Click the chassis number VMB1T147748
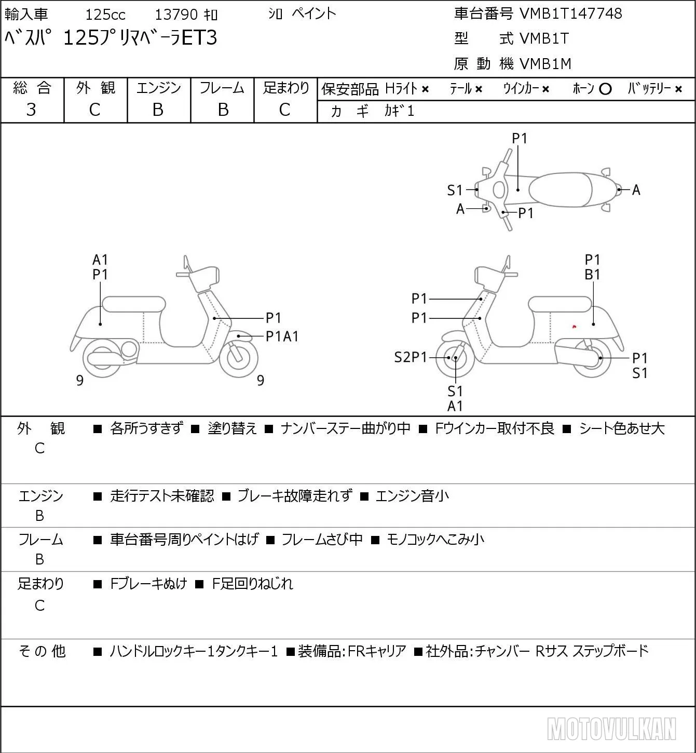[570, 14]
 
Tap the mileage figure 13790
[176, 15]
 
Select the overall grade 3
[31, 110]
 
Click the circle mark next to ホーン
[605, 89]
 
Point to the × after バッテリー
[678, 89]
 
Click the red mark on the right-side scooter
[575, 326]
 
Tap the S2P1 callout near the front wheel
[411, 357]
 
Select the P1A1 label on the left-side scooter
[282, 337]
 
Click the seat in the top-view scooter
[561, 190]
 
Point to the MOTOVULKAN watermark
[611, 729]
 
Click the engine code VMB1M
[545, 64]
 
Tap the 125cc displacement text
[105, 15]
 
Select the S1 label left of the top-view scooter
[455, 190]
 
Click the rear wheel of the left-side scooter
[102, 358]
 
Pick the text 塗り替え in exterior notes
[233, 428]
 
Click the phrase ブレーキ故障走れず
[295, 495]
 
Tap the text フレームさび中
[322, 539]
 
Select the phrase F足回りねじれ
[252, 584]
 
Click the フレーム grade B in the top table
[223, 110]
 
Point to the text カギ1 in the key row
[399, 111]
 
